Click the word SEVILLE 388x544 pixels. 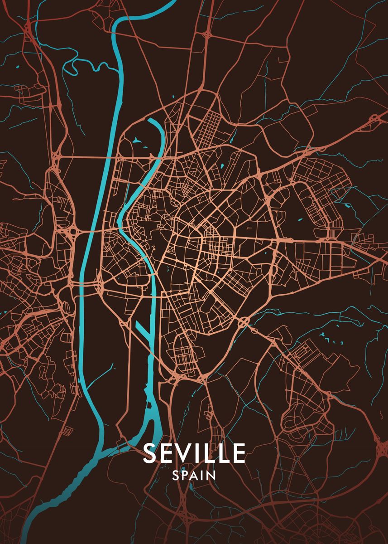[194, 453]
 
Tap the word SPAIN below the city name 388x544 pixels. [194, 476]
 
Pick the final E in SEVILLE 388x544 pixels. [238, 453]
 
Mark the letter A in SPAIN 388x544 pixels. [195, 476]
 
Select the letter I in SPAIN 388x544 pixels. [202, 476]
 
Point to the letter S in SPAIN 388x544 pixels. [176, 476]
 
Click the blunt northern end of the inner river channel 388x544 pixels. [150, 121]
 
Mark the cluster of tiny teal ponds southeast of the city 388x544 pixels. [325, 337]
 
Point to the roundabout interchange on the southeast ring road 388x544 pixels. [244, 322]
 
